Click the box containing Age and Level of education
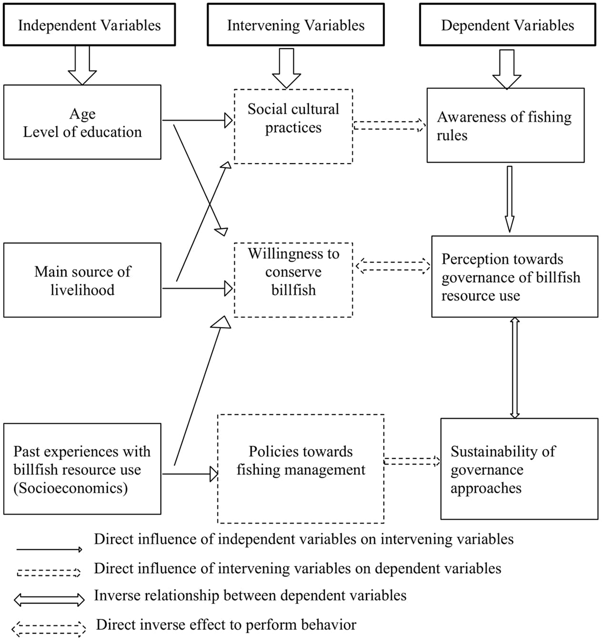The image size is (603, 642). coord(82,122)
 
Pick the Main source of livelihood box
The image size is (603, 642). coord(82,280)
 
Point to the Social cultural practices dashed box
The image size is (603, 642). coord(293,126)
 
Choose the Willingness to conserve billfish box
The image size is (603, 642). coord(293,280)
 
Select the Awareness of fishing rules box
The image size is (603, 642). coord(505,125)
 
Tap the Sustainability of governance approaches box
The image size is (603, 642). coord(519,469)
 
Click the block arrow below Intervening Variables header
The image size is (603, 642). coord(286,68)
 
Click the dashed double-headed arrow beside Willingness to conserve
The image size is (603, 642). coord(392,265)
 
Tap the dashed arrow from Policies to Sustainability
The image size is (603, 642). coord(412,461)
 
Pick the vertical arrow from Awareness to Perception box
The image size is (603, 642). coord(509,198)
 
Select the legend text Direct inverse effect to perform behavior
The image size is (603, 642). coord(226,624)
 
